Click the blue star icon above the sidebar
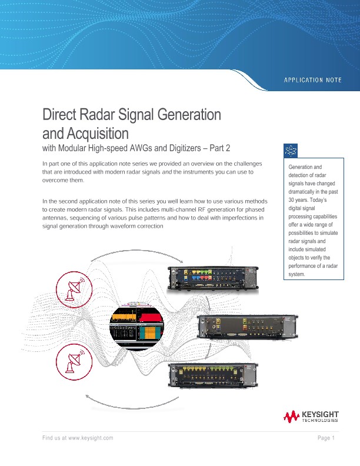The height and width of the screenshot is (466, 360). pyautogui.click(x=291, y=151)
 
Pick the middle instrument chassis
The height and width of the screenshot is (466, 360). pyautogui.click(x=245, y=328)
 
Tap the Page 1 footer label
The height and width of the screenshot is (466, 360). pyautogui.click(x=325, y=438)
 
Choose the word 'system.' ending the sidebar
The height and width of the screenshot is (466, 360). pyautogui.click(x=296, y=274)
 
